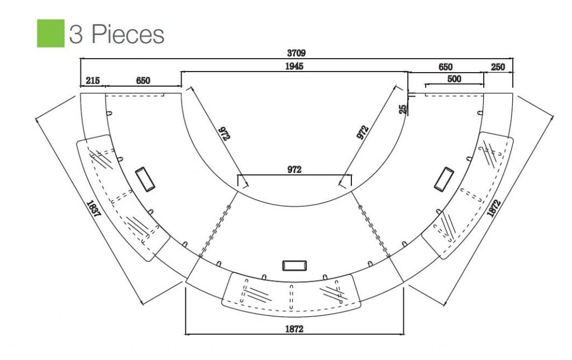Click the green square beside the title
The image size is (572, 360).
click(51, 33)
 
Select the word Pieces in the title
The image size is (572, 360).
click(128, 34)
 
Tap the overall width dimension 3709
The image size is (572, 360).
click(296, 53)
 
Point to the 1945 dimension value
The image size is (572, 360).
click(294, 66)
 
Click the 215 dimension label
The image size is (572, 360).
click(93, 80)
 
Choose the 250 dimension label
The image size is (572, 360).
click(498, 67)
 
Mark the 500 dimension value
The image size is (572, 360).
click(454, 79)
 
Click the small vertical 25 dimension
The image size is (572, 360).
click(403, 109)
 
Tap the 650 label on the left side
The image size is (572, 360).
click(143, 80)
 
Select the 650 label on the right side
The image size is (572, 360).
click(445, 67)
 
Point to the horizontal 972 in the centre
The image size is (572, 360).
click(294, 169)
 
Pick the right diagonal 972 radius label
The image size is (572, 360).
click(363, 132)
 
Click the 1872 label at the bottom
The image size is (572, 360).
click(294, 329)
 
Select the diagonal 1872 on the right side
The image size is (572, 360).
click(494, 208)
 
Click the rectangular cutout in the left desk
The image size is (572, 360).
click(145, 179)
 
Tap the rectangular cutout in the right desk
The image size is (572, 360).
click(444, 179)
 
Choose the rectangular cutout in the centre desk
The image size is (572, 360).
click(294, 266)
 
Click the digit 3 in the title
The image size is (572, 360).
click(76, 34)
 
